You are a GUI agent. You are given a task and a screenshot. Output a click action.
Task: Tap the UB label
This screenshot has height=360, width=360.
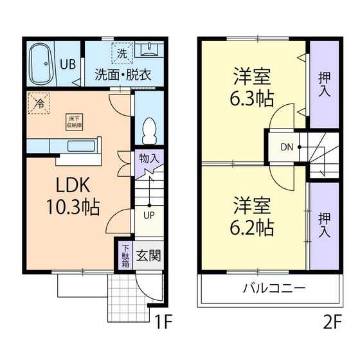[67, 64]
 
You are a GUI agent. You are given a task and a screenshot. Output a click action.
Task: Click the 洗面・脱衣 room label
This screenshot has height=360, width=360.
[123, 73]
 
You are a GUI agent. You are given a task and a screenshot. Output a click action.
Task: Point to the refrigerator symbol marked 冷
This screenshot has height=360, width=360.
[39, 103]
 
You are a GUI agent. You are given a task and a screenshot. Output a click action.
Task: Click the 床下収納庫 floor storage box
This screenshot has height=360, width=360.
[75, 122]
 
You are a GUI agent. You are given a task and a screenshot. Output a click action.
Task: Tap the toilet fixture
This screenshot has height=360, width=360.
[149, 130]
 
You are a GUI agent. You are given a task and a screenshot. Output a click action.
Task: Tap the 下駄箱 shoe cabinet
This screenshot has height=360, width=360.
[125, 255]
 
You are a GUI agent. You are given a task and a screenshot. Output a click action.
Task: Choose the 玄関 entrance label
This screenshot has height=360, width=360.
[149, 255]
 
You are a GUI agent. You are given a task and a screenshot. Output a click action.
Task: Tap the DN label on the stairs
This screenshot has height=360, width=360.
[287, 147]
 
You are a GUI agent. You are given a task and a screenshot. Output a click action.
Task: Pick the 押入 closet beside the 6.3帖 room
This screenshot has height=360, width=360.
[325, 84]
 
